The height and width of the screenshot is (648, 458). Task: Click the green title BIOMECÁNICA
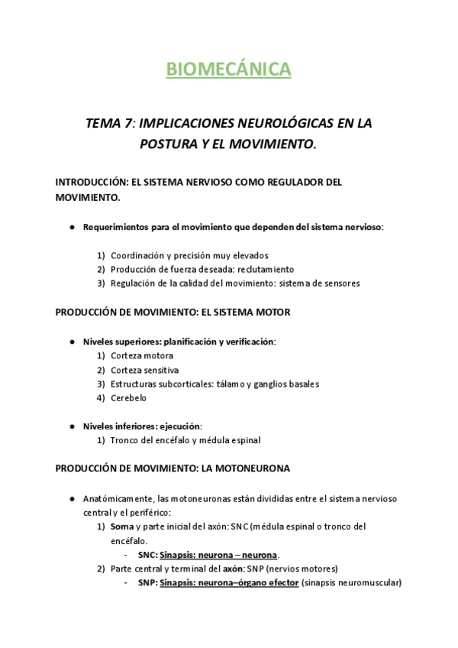(x=229, y=70)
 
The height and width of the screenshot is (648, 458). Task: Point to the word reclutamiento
(x=265, y=269)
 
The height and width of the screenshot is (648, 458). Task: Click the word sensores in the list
(x=340, y=283)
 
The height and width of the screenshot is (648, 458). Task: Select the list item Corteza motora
(x=141, y=356)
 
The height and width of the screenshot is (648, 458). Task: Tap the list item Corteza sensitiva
(x=145, y=370)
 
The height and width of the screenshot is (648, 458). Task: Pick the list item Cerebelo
(x=128, y=398)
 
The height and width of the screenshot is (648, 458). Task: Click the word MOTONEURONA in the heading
(x=247, y=468)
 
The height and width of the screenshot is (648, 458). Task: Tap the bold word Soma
(x=121, y=526)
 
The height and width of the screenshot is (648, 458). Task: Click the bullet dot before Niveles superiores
(x=72, y=342)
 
